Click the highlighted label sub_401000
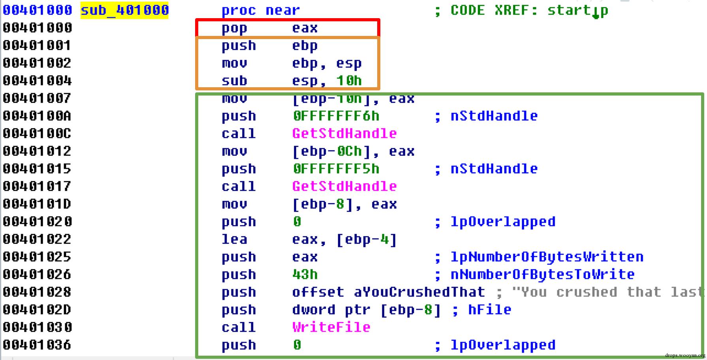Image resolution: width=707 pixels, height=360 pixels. [125, 10]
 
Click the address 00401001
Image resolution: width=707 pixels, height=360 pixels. [37, 45]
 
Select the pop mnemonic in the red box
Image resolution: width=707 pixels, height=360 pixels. [234, 28]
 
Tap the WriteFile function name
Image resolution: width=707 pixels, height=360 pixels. [331, 327]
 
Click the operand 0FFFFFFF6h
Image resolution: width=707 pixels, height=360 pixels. [336, 116]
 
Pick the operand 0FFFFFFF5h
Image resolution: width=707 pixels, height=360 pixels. [336, 169]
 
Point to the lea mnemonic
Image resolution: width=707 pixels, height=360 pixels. [234, 239]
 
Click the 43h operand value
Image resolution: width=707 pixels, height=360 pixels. [305, 274]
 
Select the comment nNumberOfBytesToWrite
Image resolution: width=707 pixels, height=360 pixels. [542, 274]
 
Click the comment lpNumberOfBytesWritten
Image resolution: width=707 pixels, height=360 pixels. [547, 257]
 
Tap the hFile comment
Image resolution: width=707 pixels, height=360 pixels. [489, 310]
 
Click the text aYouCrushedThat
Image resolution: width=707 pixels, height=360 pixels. [419, 292]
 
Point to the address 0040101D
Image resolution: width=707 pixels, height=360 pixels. [37, 204]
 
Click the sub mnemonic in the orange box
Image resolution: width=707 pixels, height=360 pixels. [234, 81]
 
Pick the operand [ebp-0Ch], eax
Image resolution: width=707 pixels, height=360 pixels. [353, 151]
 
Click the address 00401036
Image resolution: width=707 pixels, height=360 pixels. [37, 345]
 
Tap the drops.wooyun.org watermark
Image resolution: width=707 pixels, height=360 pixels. [685, 355]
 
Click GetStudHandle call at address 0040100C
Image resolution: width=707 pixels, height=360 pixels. [344, 133]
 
